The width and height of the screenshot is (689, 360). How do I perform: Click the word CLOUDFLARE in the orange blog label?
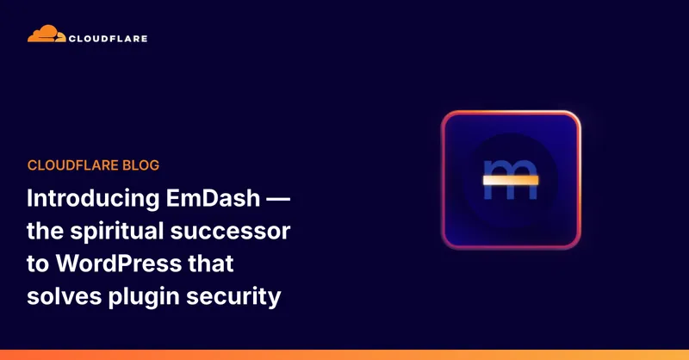click(70, 165)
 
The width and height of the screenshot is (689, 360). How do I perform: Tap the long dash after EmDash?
click(276, 200)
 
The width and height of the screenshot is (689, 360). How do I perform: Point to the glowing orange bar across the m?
click(510, 180)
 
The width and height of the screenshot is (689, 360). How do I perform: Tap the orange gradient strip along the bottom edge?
click(344, 355)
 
